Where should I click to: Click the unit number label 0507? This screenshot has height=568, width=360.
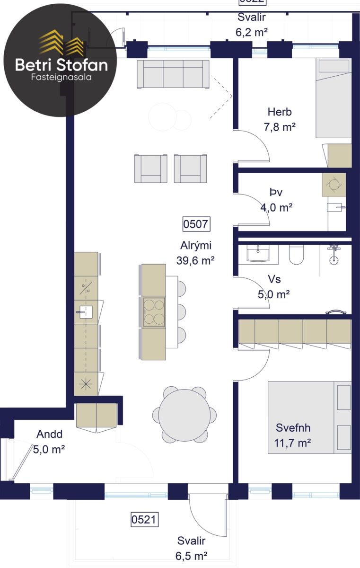coord(196,224)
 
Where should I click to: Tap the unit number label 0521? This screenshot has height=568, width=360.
coord(144,520)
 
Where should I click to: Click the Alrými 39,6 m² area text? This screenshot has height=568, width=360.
coord(195,253)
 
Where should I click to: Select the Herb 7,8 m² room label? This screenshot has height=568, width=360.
coord(280,119)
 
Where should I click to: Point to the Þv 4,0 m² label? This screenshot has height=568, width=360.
coord(276,200)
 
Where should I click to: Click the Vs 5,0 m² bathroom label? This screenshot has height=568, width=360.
coord(274,287)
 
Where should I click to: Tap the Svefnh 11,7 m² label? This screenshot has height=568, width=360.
coord(293,435)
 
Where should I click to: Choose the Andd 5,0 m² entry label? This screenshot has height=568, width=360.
coord(49,442)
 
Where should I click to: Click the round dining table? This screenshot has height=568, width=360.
coord(184,416)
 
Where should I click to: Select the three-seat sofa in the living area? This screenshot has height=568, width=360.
coord(173,74)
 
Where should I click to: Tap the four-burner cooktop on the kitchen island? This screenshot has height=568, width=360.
coord(154,312)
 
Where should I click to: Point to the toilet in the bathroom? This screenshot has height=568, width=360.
coord(296,255)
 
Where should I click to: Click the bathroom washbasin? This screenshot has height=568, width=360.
coord(258,253)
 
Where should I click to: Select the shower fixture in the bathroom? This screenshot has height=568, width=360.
coord(334,255)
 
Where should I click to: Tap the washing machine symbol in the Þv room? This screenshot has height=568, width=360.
coord(334,185)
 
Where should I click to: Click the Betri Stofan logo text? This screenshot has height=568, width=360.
coord(61,65)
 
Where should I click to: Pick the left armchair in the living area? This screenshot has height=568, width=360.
coord(151,169)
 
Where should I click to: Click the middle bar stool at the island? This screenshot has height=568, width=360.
coord(181,312)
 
